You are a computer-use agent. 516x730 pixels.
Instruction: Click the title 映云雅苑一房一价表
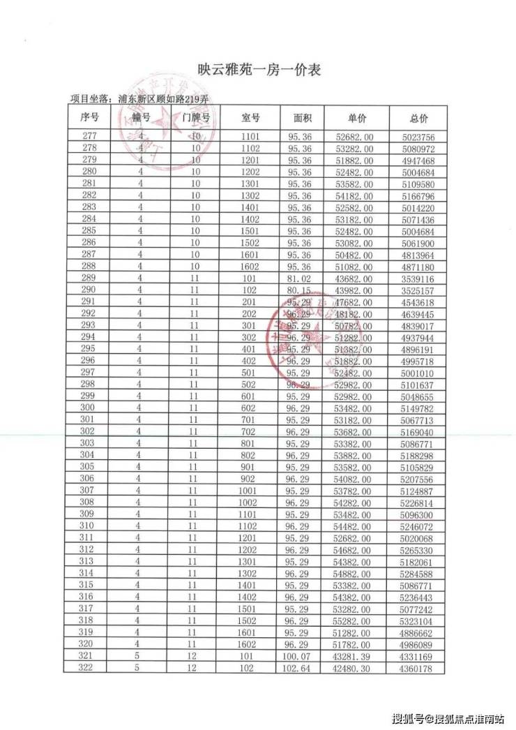coord(259,70)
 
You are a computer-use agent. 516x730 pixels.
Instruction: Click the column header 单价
coord(356,118)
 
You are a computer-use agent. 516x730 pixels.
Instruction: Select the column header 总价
coord(418,118)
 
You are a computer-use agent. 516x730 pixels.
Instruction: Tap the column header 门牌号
coord(196,118)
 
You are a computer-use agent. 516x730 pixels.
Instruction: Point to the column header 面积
coord(302,118)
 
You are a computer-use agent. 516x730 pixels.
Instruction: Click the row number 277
coord(89,137)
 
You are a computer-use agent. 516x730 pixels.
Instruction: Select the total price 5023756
coord(418,137)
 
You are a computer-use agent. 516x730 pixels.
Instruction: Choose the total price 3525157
coord(418,290)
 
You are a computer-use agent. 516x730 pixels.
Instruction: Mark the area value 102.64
coord(302,669)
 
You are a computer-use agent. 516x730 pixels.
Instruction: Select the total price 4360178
coord(418,669)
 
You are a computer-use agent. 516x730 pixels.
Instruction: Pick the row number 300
coord(88,408)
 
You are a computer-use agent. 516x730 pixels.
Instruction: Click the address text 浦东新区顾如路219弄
coord(164,99)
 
